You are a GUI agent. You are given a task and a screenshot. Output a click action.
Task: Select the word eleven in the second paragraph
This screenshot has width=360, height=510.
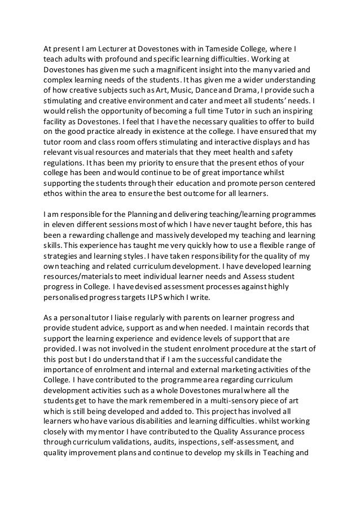(61, 223)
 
